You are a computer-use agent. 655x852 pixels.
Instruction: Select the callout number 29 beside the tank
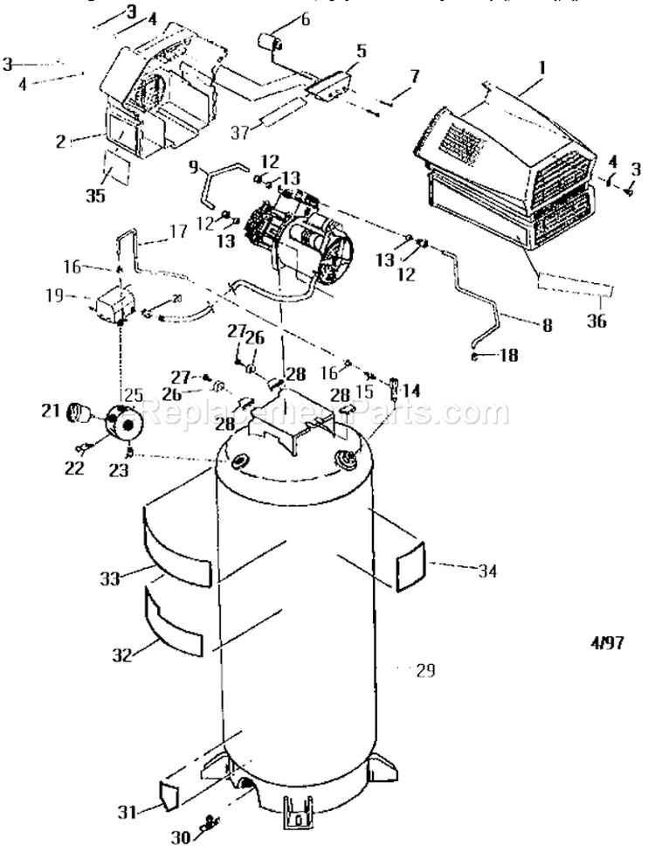(424, 671)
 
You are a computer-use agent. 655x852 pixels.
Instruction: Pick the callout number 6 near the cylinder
(304, 21)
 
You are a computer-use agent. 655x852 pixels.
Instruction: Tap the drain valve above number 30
(209, 821)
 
